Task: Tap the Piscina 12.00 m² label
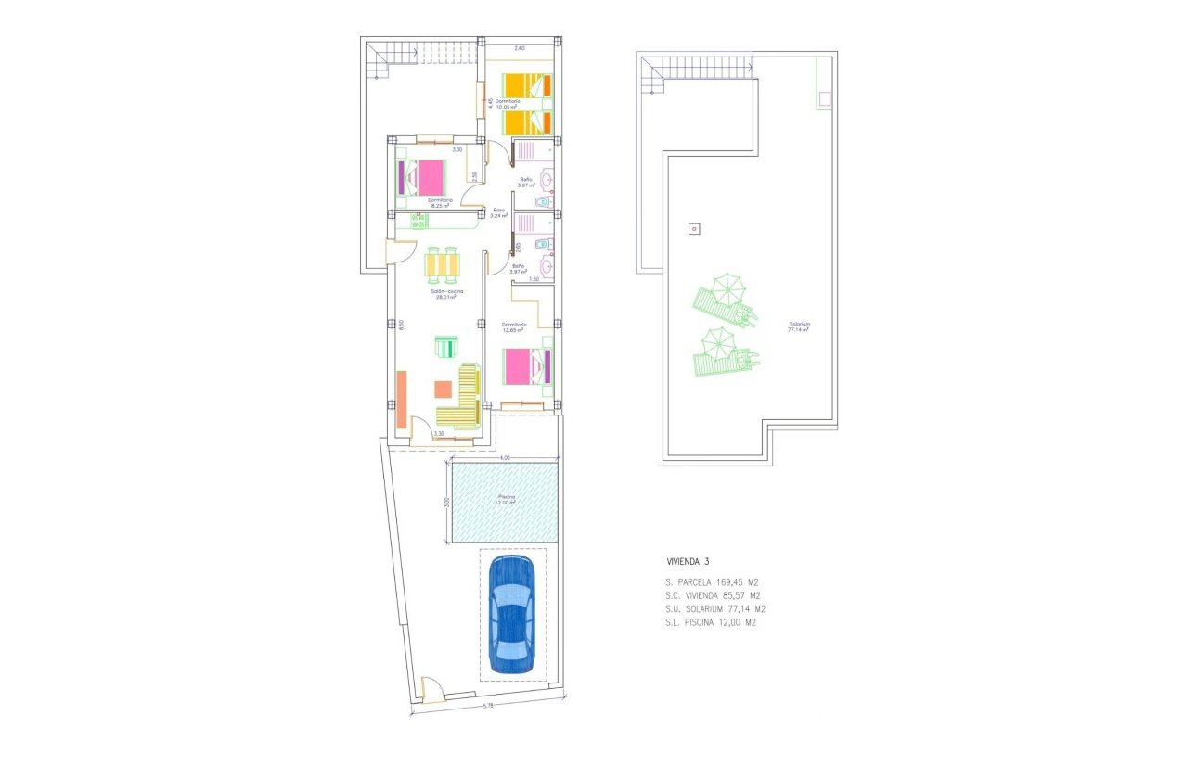[507, 500]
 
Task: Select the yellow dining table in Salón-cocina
[442, 266]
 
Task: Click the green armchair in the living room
[446, 348]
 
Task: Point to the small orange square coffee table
[444, 389]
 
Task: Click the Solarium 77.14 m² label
[799, 326]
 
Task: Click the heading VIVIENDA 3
[688, 561]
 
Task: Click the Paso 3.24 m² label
[499, 212]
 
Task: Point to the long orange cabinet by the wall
[402, 399]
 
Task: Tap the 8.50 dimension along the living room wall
[402, 325]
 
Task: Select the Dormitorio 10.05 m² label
[507, 104]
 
